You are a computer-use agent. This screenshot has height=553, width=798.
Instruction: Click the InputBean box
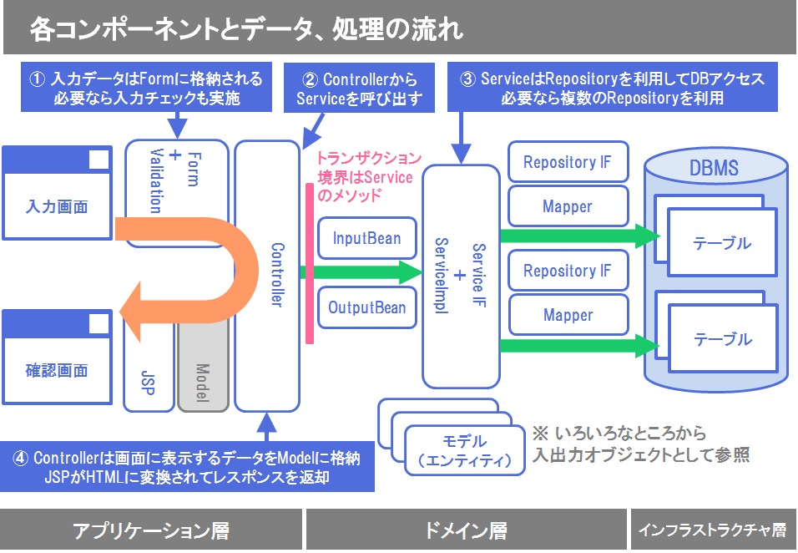coord(366,239)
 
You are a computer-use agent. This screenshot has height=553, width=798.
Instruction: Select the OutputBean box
coord(366,307)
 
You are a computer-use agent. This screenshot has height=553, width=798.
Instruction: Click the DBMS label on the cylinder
coord(714,168)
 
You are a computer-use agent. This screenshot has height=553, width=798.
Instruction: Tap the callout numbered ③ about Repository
coord(613,89)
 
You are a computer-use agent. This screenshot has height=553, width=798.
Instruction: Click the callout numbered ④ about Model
coord(187,468)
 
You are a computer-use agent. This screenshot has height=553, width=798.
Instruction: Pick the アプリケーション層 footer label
coord(151,530)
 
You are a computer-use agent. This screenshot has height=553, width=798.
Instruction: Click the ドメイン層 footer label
coord(465,530)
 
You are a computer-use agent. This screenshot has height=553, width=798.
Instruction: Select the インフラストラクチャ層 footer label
coord(712,530)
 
